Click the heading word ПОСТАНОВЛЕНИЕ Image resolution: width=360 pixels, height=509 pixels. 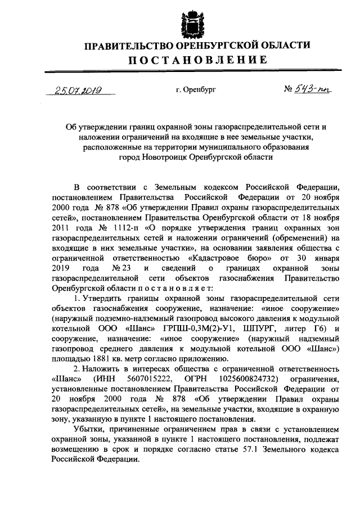click(x=196, y=60)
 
